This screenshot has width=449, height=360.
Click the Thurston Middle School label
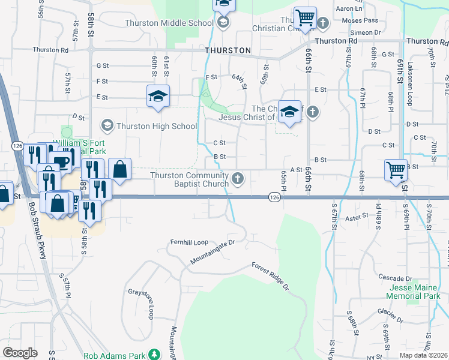169,23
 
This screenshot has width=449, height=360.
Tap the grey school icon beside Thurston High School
107,125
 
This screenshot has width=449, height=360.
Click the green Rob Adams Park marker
154,355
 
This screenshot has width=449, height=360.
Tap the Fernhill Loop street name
188,242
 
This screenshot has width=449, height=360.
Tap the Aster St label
357,220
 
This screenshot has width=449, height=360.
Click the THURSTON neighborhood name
228,50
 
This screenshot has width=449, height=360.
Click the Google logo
20,352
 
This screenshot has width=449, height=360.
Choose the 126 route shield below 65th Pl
274,197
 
